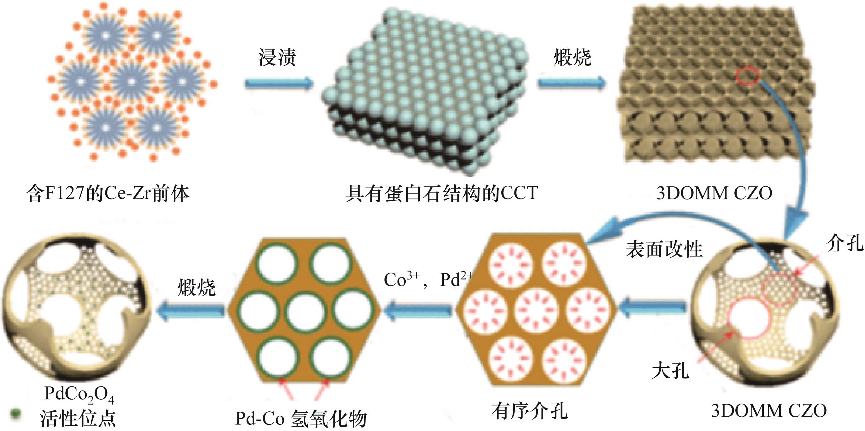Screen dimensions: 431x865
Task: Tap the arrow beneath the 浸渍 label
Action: click(279, 83)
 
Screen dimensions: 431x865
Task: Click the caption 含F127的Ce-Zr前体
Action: click(108, 194)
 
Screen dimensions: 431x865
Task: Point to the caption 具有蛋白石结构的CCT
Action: click(442, 194)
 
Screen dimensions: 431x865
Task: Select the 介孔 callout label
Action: click(844, 242)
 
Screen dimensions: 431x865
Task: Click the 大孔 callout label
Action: click(670, 371)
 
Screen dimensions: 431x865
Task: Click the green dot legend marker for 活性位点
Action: click(15, 413)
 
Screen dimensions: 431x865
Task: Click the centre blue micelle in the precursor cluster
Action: click(131, 82)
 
